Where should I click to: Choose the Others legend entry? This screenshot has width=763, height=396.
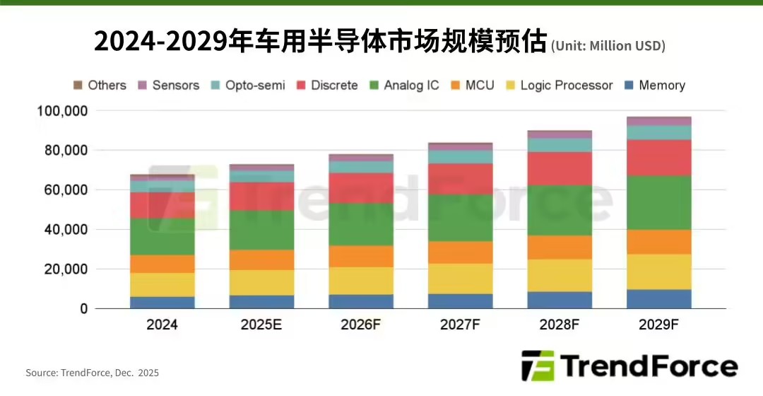tap(100, 86)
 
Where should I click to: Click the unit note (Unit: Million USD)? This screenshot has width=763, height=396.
tap(608, 46)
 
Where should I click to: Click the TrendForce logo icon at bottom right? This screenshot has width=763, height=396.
tap(537, 366)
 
